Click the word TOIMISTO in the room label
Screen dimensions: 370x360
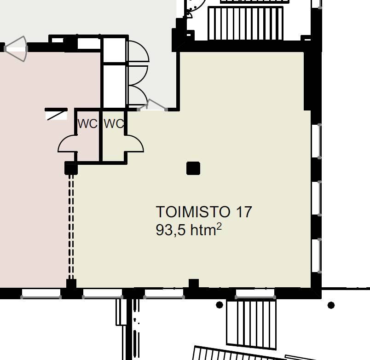193,212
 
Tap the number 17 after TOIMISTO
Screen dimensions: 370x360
244,212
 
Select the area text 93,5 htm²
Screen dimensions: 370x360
189,230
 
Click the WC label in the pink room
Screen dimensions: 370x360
87,124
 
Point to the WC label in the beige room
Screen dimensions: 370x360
114,124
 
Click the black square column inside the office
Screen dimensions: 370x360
193,168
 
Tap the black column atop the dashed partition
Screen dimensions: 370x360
71,168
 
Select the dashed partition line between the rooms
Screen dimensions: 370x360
71,227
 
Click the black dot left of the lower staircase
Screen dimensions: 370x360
220,305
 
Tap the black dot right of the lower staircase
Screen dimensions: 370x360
331,305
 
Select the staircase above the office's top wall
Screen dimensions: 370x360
245,23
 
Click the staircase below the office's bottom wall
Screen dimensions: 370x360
251,324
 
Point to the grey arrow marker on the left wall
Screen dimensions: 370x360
16,49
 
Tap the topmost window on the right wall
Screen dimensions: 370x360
317,141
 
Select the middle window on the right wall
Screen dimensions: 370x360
317,198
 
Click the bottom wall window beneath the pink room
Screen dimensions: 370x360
41,294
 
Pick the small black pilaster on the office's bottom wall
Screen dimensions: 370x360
194,283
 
